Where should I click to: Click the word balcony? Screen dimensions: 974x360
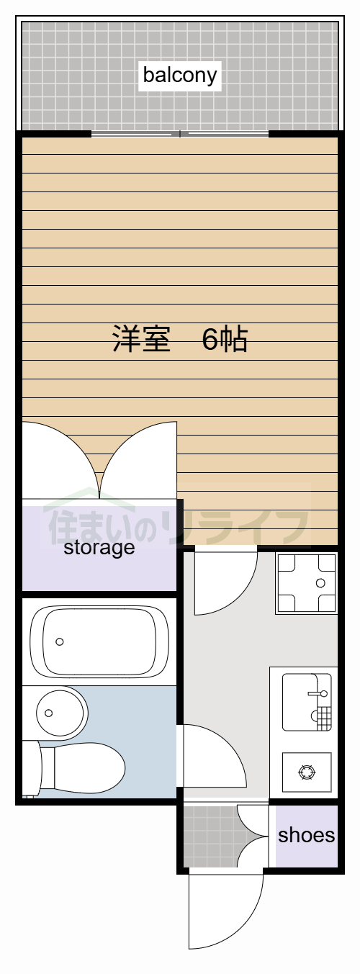[179, 75]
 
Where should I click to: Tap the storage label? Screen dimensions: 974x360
[99, 547]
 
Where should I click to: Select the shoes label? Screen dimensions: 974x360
[306, 834]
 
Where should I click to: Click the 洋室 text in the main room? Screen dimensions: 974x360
[140, 338]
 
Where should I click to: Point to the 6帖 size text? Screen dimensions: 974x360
[225, 338]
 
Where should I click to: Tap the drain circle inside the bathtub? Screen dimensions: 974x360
[60, 641]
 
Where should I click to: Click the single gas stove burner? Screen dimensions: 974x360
[307, 772]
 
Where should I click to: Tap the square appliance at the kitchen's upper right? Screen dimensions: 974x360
[306, 583]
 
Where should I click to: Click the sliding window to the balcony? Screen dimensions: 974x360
[180, 134]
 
